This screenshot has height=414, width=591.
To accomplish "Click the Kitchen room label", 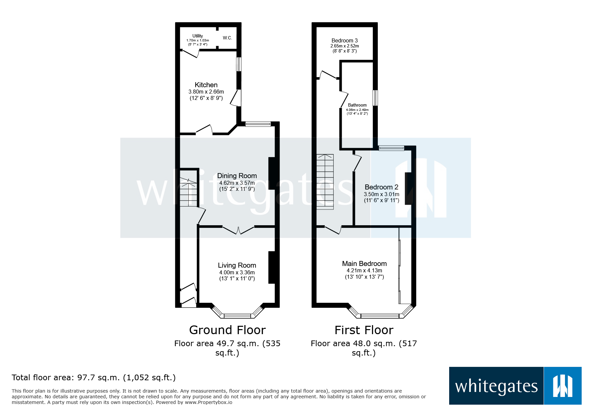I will (x=206, y=85).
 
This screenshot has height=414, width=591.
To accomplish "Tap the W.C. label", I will (x=227, y=38).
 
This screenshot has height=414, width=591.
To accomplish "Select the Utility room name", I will (x=198, y=36).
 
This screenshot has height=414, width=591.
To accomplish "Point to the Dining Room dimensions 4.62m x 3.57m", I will (x=237, y=183).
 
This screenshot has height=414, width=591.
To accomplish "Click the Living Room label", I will (x=237, y=265).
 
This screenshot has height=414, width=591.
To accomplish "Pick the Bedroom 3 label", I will (x=344, y=40).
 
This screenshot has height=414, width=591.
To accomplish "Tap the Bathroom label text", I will (x=357, y=105).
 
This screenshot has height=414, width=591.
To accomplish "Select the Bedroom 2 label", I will (x=381, y=187).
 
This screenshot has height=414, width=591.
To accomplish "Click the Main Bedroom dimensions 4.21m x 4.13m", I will (x=364, y=271).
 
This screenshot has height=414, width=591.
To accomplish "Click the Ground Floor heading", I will (x=227, y=330).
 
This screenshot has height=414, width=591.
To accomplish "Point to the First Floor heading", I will (x=364, y=330).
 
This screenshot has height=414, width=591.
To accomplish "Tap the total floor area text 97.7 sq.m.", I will (x=93, y=378).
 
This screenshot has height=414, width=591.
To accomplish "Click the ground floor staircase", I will (x=189, y=192).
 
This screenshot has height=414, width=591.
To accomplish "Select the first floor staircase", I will (x=325, y=182).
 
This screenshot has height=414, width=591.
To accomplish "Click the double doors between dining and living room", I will (x=238, y=230).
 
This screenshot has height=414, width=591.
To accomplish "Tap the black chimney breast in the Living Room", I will (x=272, y=267).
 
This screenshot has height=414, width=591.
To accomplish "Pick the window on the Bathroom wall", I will (x=375, y=98).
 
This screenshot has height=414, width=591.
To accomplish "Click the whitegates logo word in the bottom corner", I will (x=496, y=386).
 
